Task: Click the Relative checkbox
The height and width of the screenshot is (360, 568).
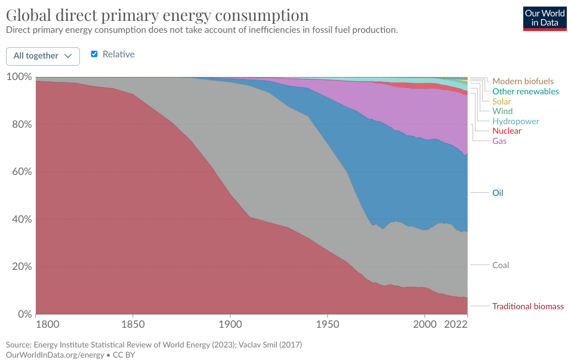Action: [94, 54]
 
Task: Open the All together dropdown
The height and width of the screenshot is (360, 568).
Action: [43, 56]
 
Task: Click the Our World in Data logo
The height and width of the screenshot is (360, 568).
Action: [545, 18]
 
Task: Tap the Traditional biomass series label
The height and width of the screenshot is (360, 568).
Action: [527, 306]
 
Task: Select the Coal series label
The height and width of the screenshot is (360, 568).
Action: [500, 265]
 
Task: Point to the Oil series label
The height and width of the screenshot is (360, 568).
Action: [498, 193]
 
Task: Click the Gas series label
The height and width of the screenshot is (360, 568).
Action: [499, 141]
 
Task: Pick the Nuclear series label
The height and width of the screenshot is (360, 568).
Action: [507, 131]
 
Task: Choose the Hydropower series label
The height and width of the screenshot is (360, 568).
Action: [516, 121]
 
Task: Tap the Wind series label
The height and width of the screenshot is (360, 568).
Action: [502, 111]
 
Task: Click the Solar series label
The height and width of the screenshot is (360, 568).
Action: [502, 101]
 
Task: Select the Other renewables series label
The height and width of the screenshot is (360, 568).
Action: [525, 91]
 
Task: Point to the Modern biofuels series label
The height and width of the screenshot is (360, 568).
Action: [523, 81]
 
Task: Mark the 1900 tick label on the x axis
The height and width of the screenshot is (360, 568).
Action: [230, 324]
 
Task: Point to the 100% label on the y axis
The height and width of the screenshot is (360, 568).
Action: [19, 77]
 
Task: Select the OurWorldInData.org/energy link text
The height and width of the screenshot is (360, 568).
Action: [54, 355]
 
